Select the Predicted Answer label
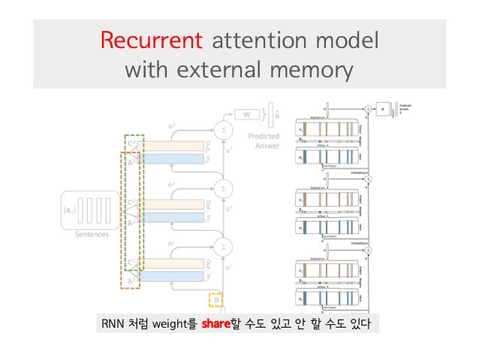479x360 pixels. pyautogui.click(x=263, y=141)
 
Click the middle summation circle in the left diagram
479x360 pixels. pyautogui.click(x=222, y=186)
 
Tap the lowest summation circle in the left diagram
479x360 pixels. pyautogui.click(x=222, y=245)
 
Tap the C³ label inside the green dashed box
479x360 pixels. pyautogui.click(x=131, y=144)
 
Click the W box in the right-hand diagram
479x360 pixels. pyautogui.click(x=386, y=110)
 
